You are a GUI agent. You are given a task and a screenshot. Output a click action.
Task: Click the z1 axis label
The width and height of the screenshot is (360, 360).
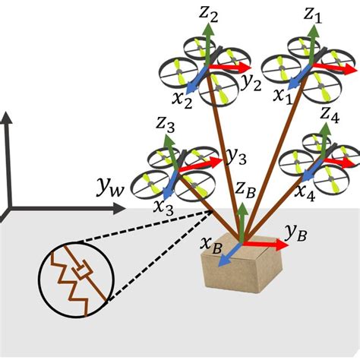(x=313, y=14)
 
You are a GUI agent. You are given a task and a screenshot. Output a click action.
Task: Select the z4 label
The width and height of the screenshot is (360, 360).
(x=329, y=115)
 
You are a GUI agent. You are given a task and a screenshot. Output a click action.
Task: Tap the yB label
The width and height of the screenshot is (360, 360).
(x=296, y=232)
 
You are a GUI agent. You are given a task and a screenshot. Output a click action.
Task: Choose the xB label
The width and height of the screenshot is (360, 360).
(x=212, y=245)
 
